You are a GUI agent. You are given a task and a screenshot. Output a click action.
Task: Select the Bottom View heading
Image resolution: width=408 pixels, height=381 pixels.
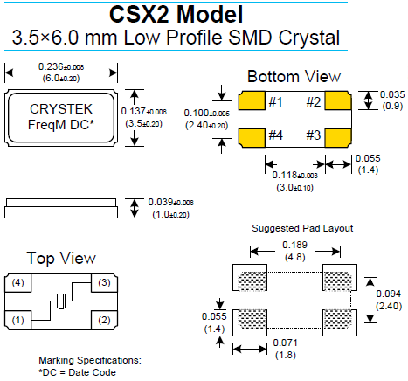tap(294, 76)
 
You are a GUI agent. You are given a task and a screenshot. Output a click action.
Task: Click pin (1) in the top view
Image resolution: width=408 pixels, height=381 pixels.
tap(18, 320)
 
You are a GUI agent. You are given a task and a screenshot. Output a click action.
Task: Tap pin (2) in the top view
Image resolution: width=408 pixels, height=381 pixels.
tap(104, 320)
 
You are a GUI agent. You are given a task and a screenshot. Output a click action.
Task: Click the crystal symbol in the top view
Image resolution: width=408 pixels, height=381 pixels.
tap(60, 302)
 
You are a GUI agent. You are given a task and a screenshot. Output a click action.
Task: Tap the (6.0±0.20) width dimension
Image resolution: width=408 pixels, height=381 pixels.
tap(61, 77)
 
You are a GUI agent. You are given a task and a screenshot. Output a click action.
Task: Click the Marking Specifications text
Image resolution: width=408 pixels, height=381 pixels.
tap(89, 360)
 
